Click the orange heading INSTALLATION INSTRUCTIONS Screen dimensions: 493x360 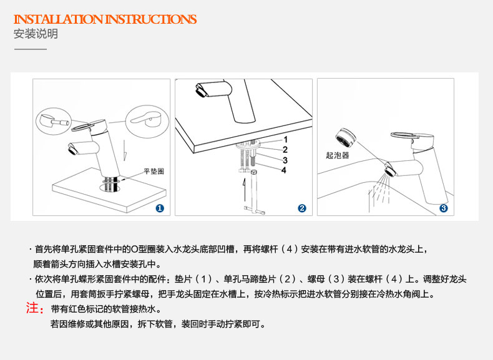[x=105, y=19]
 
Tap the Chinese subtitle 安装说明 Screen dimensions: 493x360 [x=36, y=34]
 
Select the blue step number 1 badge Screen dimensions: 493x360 [x=160, y=208]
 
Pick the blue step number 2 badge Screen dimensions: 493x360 [x=302, y=208]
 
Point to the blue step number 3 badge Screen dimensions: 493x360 [x=444, y=208]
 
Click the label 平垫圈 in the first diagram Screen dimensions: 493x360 [x=154, y=172]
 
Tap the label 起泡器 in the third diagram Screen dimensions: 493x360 [x=338, y=155]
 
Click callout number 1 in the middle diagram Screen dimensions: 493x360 [x=285, y=139]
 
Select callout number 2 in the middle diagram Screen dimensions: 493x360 [x=285, y=150]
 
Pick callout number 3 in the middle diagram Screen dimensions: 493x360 [x=285, y=160]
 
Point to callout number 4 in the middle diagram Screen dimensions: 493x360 [x=284, y=170]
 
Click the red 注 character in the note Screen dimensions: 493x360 [x=32, y=308]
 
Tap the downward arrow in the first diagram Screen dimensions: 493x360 [x=125, y=150]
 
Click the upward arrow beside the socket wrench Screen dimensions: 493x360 [x=243, y=187]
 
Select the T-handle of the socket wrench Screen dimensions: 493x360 [x=255, y=210]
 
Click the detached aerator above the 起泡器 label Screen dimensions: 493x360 [x=346, y=138]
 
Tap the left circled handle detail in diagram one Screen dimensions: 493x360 [x=54, y=122]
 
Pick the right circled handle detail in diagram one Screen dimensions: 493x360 [x=147, y=122]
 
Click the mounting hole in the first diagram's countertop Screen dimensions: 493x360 [x=110, y=188]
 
